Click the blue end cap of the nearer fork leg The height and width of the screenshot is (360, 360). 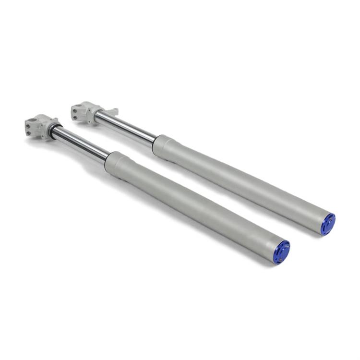coord(282,252)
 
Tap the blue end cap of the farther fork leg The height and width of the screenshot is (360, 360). coord(328,224)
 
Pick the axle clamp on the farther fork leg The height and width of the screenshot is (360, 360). coord(85,112)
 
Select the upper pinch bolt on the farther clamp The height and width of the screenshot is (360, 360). coord(75,109)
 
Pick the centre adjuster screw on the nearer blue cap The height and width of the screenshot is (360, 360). coord(282,252)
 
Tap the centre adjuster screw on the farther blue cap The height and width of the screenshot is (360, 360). coord(328,224)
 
